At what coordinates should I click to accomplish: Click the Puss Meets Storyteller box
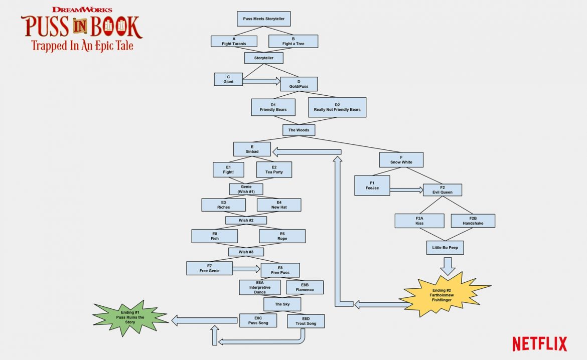(x=263, y=19)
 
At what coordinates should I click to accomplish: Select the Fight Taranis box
(x=234, y=41)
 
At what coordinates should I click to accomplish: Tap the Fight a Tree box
(x=293, y=41)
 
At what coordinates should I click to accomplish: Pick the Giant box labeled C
(x=228, y=79)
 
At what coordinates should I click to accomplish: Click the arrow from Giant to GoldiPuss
(x=261, y=80)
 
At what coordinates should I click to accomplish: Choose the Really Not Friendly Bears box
(x=337, y=107)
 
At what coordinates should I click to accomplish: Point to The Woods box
(x=299, y=130)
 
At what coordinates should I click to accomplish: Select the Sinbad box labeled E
(x=252, y=149)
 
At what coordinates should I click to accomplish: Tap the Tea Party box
(x=274, y=169)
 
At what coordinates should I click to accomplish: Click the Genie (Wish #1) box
(x=246, y=189)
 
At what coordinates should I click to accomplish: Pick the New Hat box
(x=279, y=205)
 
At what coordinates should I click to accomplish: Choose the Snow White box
(x=401, y=160)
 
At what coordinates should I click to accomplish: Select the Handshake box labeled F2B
(x=473, y=221)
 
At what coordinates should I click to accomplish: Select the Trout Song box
(x=306, y=321)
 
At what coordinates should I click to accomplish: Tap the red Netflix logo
(x=539, y=344)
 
